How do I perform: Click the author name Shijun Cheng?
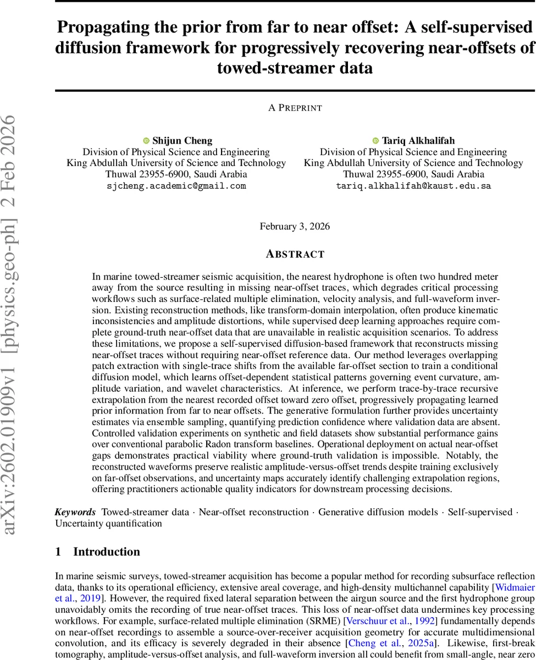point(181,140)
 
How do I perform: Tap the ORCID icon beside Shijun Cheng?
point(146,141)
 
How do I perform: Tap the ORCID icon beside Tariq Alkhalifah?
point(376,141)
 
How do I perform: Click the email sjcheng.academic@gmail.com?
point(176,186)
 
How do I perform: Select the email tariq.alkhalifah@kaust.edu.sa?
point(413,186)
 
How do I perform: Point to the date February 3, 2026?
point(295,226)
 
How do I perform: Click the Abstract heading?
point(295,254)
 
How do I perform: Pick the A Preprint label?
point(295,108)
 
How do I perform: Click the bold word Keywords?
point(75,512)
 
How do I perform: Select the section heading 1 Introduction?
point(98,552)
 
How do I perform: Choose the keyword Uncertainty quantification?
point(108,524)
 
